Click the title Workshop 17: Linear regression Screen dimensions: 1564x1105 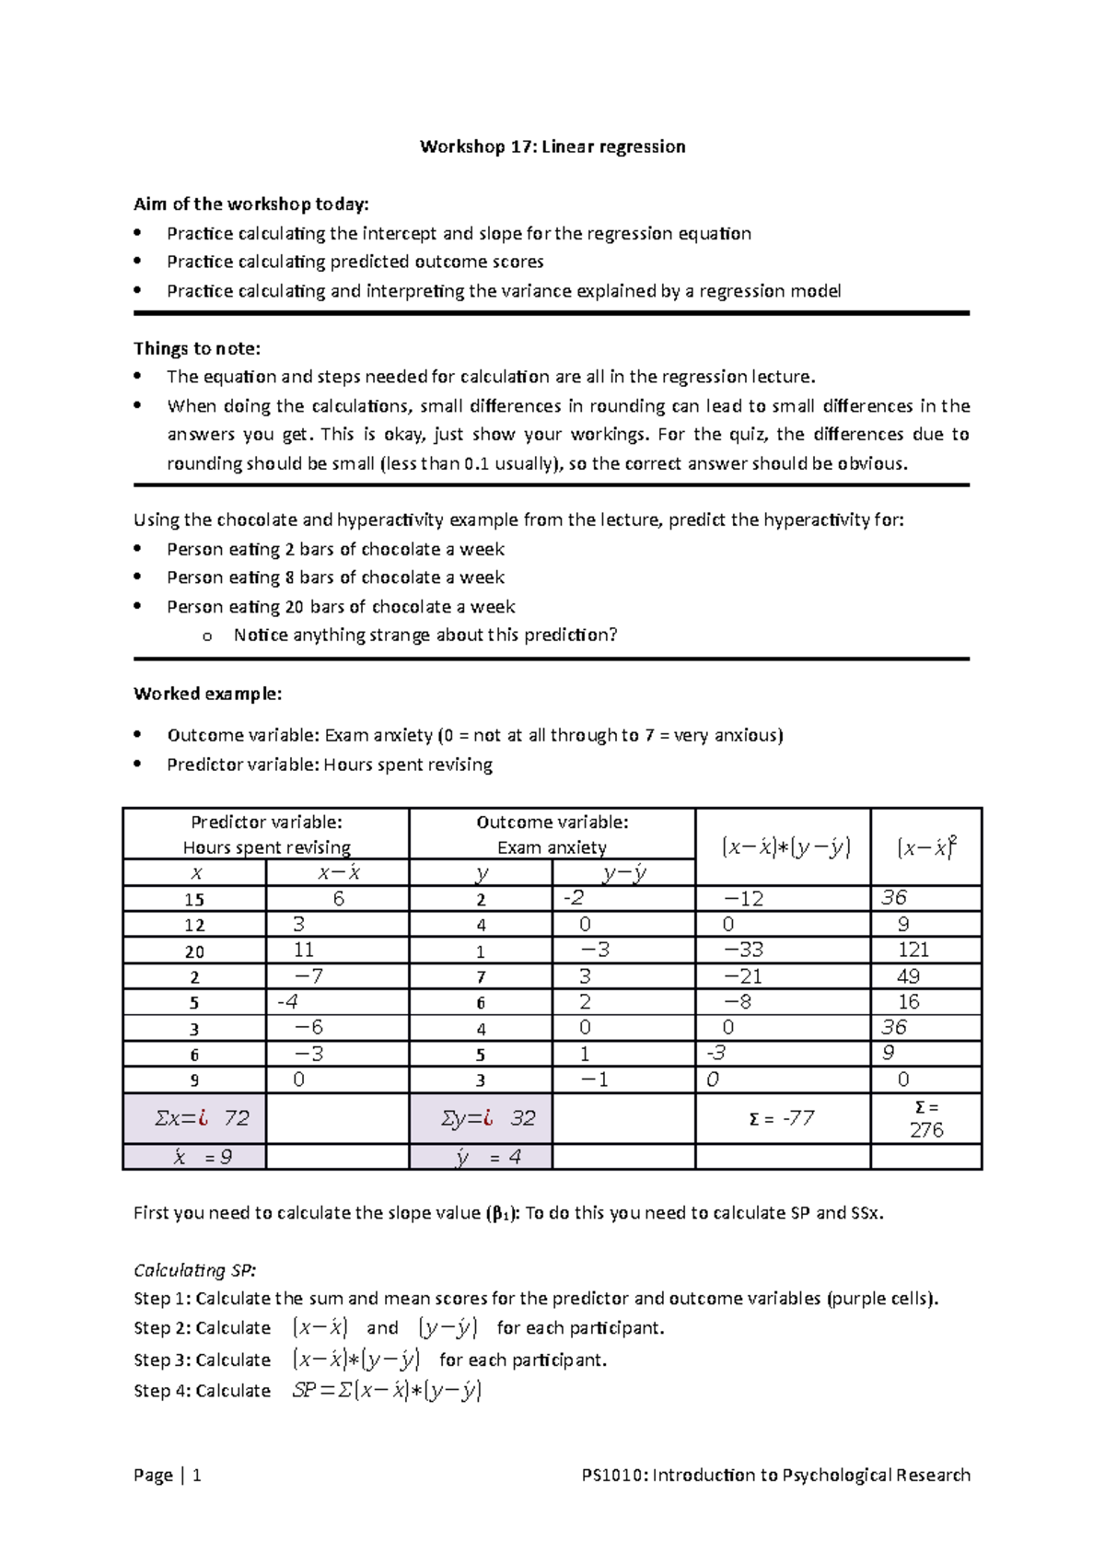[552, 146]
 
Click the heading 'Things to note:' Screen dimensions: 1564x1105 [197, 348]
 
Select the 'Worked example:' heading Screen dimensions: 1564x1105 [208, 694]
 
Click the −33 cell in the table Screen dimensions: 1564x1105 [744, 950]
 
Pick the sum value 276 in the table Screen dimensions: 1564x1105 [926, 1130]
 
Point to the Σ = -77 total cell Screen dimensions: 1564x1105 [782, 1118]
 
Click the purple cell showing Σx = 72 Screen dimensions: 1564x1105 [203, 1118]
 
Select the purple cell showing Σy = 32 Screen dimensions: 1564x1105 [489, 1118]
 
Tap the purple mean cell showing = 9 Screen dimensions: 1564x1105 [203, 1157]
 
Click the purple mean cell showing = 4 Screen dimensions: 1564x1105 [489, 1157]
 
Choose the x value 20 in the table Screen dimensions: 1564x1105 [194, 951]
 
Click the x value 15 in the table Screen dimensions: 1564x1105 [194, 900]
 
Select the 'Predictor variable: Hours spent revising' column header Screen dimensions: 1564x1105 [266, 835]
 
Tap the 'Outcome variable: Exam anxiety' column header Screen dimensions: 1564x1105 [552, 835]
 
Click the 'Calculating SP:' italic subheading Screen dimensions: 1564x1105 [195, 1270]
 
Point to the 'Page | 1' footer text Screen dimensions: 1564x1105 [168, 1475]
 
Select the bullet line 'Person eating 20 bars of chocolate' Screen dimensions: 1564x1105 [341, 606]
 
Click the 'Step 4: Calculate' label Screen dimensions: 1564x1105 [203, 1390]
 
